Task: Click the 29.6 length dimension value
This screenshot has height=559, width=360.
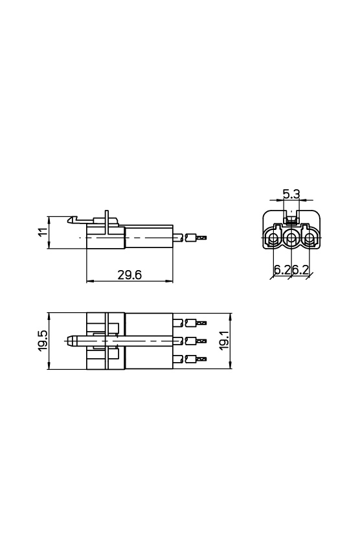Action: click(129, 275)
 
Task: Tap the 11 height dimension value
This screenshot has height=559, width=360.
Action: click(43, 232)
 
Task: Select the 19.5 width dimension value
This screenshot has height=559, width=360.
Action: click(43, 341)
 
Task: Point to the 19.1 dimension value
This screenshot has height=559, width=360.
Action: click(223, 341)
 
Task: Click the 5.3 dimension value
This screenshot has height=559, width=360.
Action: click(291, 194)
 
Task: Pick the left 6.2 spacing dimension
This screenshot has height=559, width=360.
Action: click(282, 269)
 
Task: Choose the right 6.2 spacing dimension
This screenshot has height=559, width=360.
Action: click(300, 269)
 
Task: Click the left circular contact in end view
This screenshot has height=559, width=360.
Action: click(274, 238)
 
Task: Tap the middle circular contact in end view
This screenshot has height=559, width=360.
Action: click(292, 238)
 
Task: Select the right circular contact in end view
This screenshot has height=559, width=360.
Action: click(309, 238)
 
